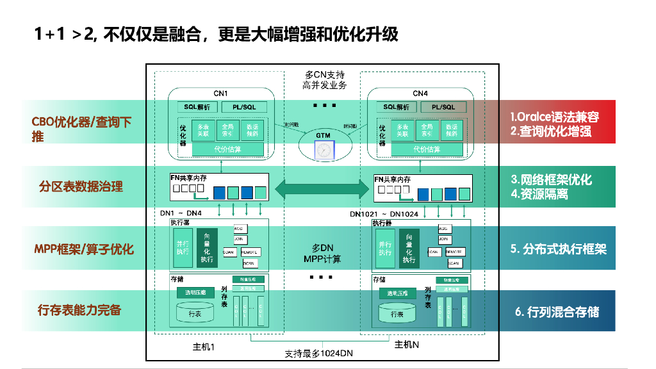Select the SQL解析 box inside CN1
[197, 107]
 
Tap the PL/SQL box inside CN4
[443, 107]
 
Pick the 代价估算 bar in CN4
[426, 149]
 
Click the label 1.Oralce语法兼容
[554, 117]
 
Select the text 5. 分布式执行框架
[558, 249]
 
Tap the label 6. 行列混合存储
[557, 312]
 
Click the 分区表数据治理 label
[81, 186]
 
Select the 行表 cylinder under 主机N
[397, 313]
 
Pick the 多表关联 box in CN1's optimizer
[203, 130]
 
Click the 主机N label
[406, 345]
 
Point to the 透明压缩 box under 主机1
[195, 292]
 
